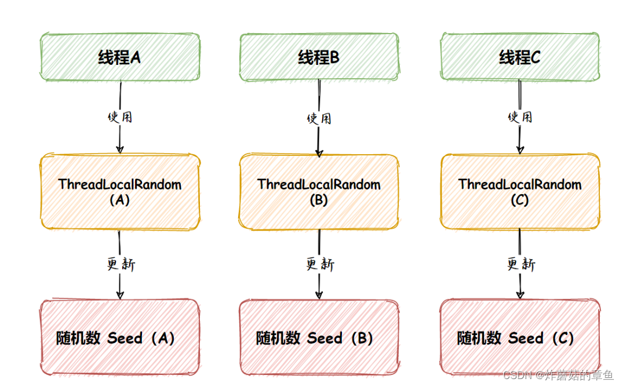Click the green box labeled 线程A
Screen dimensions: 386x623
coord(120,57)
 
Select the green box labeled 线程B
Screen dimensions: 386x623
coord(319,57)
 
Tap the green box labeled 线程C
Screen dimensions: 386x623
coord(519,57)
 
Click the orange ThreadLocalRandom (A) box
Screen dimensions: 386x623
coord(120,192)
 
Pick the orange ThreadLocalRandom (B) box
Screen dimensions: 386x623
coord(319,192)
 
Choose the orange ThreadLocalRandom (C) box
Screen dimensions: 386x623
coord(519,192)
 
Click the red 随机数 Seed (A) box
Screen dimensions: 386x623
coord(120,338)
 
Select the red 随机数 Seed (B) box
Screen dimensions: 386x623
coord(319,338)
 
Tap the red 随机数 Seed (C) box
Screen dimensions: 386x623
coord(519,338)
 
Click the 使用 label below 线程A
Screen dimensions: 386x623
coord(120,116)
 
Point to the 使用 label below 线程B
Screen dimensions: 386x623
coord(319,118)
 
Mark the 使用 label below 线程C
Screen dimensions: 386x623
coord(520,116)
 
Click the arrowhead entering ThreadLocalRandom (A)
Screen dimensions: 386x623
coord(120,150)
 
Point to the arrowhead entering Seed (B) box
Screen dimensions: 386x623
coord(319,295)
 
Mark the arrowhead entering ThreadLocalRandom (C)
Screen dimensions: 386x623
coord(520,150)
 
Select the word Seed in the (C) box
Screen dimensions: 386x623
coord(526,338)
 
